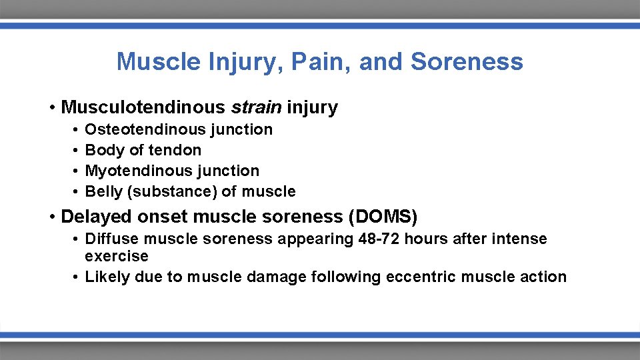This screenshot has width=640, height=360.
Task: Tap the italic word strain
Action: point(257,107)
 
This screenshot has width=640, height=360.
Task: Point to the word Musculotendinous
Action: point(143,107)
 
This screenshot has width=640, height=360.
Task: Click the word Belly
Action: point(104,191)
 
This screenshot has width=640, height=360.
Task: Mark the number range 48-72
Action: point(377,239)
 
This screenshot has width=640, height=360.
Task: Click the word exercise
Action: point(116,256)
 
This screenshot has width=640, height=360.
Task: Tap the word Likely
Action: point(107,277)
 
